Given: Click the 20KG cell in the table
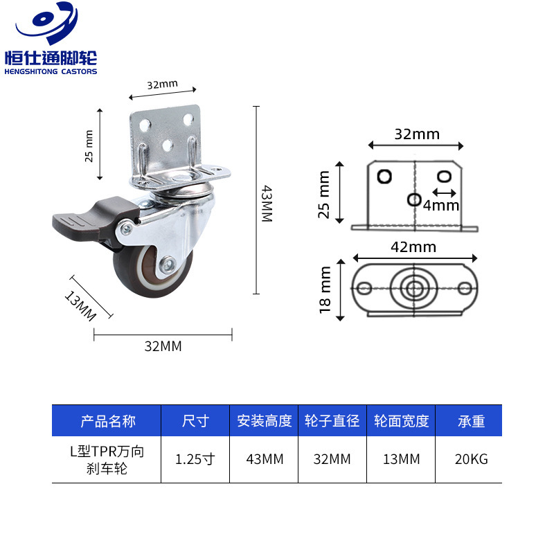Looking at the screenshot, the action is [x=472, y=459].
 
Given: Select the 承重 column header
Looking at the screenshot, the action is [x=472, y=420].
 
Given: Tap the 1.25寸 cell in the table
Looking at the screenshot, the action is [x=195, y=459].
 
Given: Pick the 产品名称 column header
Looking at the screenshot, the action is [x=107, y=420].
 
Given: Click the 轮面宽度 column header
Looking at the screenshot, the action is [x=401, y=420].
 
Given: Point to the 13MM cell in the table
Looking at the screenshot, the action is [x=401, y=459].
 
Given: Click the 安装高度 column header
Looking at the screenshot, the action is [x=264, y=420].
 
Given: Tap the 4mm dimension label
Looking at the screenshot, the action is [x=441, y=205].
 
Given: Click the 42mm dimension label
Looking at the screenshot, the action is [x=413, y=247].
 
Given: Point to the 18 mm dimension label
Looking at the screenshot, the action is [x=325, y=291].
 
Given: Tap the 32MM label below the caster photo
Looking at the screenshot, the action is [x=163, y=346].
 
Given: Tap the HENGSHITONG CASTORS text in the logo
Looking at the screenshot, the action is [x=51, y=71].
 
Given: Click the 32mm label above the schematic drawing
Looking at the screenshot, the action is [x=417, y=134].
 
